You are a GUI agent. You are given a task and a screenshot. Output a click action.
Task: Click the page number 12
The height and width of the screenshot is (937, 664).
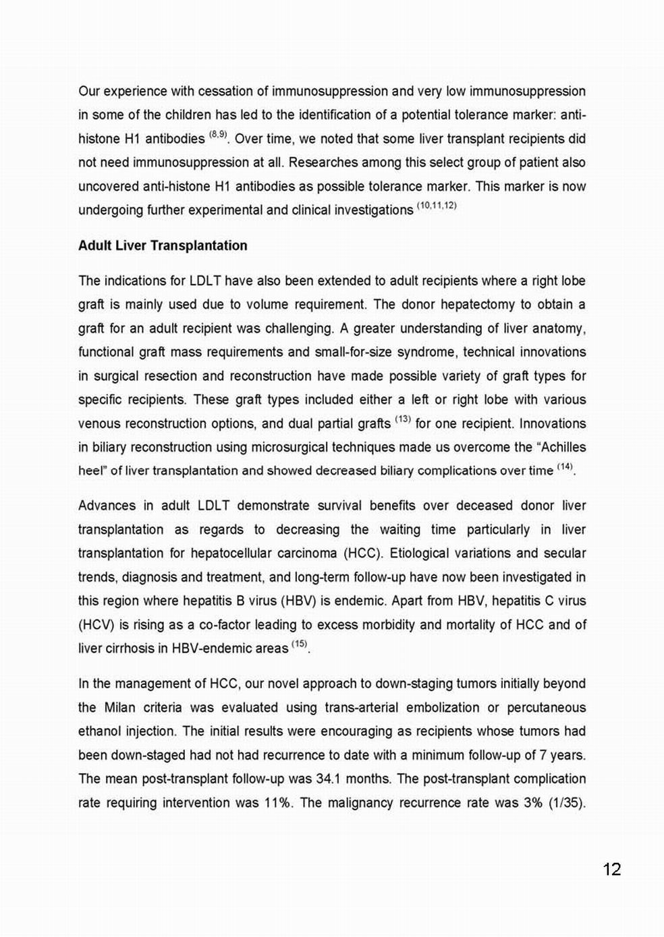(611, 869)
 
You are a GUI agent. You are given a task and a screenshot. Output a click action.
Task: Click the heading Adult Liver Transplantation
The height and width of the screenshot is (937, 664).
(163, 245)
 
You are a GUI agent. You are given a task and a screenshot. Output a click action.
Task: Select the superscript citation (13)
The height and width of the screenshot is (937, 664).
(403, 420)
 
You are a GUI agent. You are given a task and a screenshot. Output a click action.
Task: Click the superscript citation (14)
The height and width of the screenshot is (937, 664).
(565, 467)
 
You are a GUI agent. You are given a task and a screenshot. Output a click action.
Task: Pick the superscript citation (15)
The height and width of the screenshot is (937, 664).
(300, 644)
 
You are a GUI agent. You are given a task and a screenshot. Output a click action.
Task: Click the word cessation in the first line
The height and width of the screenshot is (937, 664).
(211, 91)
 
